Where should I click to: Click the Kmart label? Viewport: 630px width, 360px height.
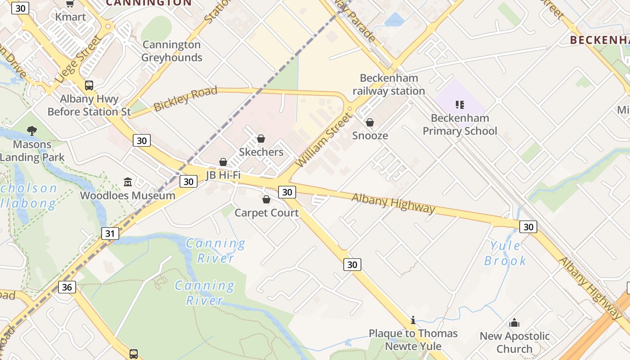pyautogui.click(x=70, y=17)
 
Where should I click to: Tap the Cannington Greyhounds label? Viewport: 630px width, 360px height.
pyautogui.click(x=171, y=51)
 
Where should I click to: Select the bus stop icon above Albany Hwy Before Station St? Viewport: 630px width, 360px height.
pyautogui.click(x=89, y=85)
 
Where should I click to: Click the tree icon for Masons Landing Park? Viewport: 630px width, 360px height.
pyautogui.click(x=32, y=131)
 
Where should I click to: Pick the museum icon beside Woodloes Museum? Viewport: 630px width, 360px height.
pyautogui.click(x=128, y=182)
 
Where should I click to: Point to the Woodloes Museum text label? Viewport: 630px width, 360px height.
pyautogui.click(x=128, y=195)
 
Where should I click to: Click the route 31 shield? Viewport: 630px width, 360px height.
pyautogui.click(x=110, y=234)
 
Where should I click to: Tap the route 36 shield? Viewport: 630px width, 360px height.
pyautogui.click(x=67, y=287)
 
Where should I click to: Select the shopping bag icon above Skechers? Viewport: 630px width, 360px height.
pyautogui.click(x=261, y=139)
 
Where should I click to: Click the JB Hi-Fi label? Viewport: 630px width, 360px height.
pyautogui.click(x=223, y=175)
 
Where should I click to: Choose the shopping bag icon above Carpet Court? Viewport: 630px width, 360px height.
pyautogui.click(x=266, y=199)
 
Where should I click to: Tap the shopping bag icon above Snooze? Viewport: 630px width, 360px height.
pyautogui.click(x=370, y=122)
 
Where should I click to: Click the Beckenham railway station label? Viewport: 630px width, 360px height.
pyautogui.click(x=389, y=85)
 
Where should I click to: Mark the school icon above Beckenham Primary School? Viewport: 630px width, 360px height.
pyautogui.click(x=459, y=105)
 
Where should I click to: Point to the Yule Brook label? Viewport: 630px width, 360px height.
pyautogui.click(x=505, y=253)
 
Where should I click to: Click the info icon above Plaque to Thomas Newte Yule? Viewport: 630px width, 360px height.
pyautogui.click(x=413, y=320)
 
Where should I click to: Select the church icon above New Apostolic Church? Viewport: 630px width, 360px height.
pyautogui.click(x=514, y=323)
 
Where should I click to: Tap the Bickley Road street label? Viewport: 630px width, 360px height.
pyautogui.click(x=185, y=99)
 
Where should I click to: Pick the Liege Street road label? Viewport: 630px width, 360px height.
pyautogui.click(x=79, y=59)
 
